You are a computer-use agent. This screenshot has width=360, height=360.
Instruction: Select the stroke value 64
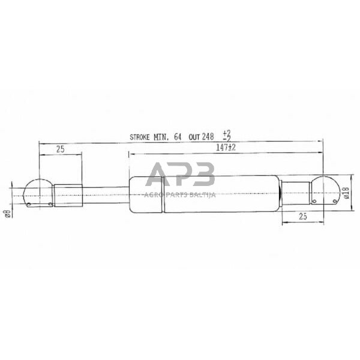coord(178,137)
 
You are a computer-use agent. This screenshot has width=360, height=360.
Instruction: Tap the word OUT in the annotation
coord(194,137)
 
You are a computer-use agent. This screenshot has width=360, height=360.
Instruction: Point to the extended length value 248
coord(208,137)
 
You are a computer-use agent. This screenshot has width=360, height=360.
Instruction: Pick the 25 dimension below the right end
coord(302,217)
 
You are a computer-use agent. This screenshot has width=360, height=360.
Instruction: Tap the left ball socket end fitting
coord(37,193)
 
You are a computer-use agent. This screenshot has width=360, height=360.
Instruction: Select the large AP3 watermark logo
coord(180,175)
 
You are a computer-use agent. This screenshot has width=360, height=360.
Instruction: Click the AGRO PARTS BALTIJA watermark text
coord(180,194)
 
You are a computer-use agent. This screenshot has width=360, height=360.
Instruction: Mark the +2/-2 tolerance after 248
coord(226,136)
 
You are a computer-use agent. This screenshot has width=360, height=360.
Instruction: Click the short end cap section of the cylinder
coord(145,193)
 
